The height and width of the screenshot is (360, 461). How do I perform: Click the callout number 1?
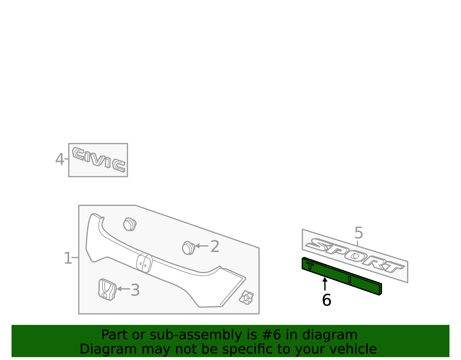[x=68, y=258]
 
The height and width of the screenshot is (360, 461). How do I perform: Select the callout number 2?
[x=215, y=246]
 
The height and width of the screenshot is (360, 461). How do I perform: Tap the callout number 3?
[x=135, y=290]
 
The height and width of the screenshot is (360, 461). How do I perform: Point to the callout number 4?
[x=60, y=159]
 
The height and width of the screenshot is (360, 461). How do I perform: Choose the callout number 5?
[x=359, y=233]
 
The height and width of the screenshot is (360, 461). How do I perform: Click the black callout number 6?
[x=326, y=300]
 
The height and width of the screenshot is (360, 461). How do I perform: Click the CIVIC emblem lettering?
[x=99, y=159]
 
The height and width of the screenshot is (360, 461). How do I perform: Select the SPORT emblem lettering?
[x=355, y=255]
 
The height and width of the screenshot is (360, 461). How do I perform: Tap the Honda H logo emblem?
[x=107, y=289]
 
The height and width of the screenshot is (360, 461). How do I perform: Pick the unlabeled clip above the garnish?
[x=130, y=224]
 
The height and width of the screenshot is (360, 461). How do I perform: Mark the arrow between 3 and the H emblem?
[x=124, y=289]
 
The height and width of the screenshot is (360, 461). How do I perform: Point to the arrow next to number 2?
[x=201, y=246]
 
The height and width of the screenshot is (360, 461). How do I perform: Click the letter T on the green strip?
[x=310, y=265]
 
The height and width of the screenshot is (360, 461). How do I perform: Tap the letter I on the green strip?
[x=349, y=280]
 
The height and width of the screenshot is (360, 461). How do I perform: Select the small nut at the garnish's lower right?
[x=246, y=297]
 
